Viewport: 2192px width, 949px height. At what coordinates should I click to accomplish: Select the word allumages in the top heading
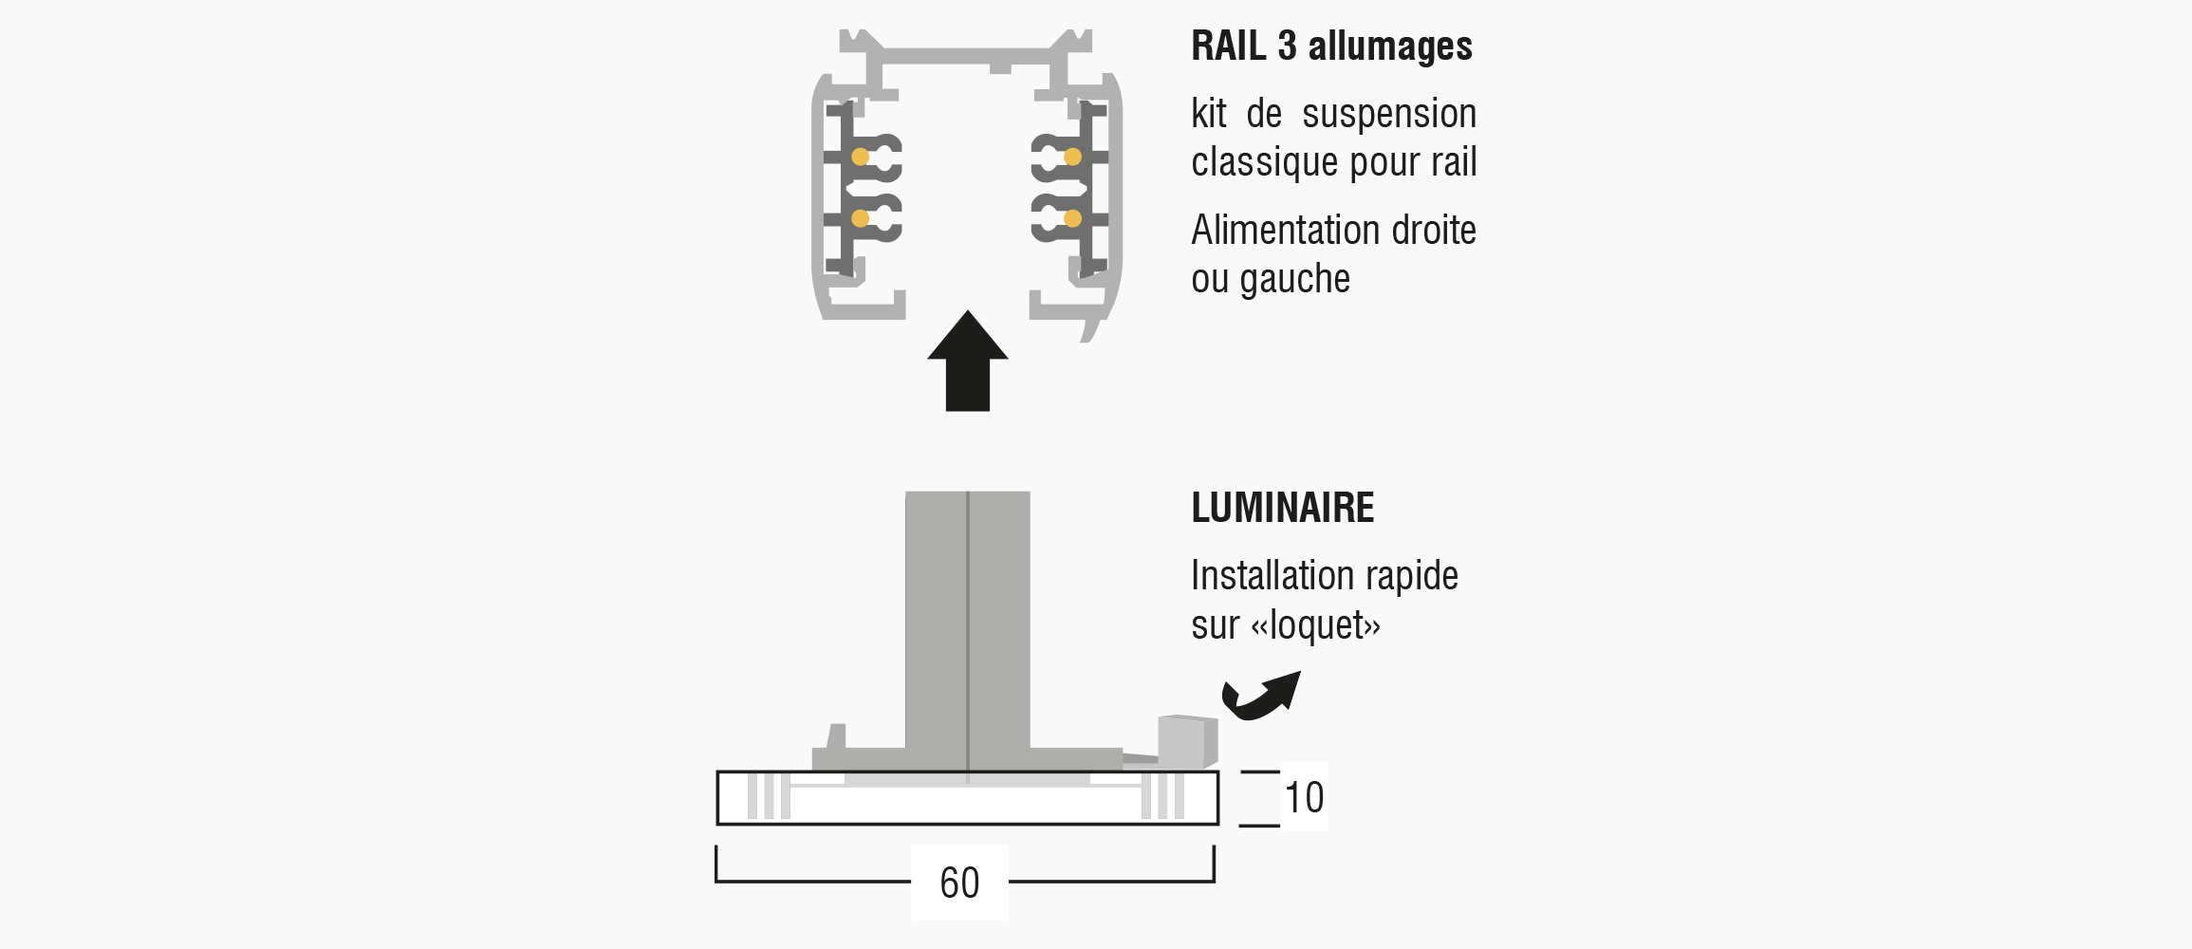[1390, 47]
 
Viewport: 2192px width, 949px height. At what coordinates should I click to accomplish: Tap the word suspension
[1389, 115]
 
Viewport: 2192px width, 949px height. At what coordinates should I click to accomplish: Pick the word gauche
[1294, 280]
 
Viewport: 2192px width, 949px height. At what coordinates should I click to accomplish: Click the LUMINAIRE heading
[1282, 508]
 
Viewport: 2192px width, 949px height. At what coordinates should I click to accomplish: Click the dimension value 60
[959, 884]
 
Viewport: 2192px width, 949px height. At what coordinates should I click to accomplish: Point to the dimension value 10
[1304, 798]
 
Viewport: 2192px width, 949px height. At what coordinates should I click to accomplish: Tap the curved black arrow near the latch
[1260, 697]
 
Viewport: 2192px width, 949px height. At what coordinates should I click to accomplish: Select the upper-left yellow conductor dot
[860, 157]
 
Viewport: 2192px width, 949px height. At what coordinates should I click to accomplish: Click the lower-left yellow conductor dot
[860, 218]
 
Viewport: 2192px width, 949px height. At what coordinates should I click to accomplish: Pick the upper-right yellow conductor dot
[1072, 157]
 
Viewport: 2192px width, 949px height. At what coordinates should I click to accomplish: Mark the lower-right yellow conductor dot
[1072, 218]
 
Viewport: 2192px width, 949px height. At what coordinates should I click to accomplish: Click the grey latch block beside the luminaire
[1187, 741]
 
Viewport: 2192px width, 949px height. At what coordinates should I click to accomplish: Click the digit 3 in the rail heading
[1287, 46]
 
